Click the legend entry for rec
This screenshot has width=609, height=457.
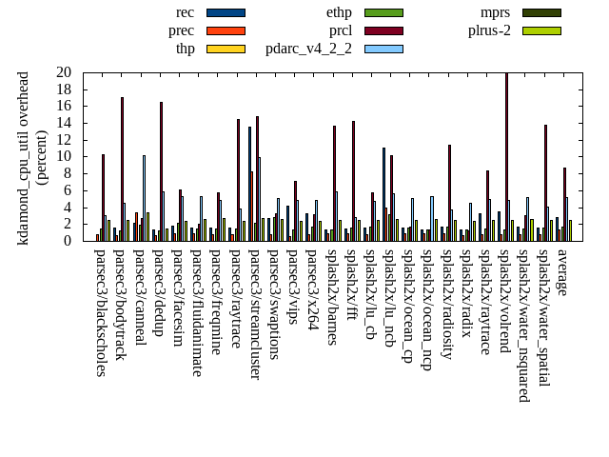186,12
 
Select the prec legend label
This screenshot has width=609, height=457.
181,30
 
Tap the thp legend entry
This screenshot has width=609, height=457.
185,49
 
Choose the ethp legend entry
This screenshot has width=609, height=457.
339,12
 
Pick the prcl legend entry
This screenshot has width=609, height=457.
341,30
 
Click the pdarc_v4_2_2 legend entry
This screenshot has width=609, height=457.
308,49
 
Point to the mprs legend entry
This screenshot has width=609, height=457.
495,12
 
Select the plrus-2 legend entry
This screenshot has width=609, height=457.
489,30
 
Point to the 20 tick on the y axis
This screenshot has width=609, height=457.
63,72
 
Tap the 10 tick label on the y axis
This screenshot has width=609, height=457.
63,157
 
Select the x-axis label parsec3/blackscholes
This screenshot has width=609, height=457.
102,312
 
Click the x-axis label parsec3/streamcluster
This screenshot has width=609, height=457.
255,314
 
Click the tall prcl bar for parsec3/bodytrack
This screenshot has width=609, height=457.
122,169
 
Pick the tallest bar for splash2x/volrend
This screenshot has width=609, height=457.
506,157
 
